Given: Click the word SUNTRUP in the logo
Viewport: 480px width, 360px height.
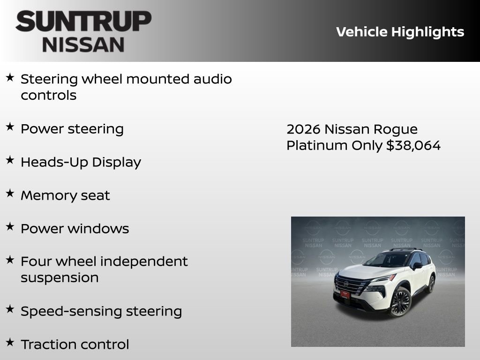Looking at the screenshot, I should coord(83,22).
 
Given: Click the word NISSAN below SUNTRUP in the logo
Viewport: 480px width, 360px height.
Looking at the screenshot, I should coord(83,45).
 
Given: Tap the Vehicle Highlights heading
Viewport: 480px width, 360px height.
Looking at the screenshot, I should coord(400,32).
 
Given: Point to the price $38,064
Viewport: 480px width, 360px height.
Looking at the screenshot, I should coord(413,145).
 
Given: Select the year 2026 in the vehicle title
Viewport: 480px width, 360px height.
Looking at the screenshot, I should coord(303,129).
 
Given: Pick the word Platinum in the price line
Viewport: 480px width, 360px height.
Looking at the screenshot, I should coord(317,145).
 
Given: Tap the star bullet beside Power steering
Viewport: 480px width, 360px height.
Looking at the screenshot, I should coord(10,127).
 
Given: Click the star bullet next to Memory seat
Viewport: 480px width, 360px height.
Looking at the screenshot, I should coord(10,193).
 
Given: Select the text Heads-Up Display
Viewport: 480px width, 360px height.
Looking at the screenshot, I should coord(81,162).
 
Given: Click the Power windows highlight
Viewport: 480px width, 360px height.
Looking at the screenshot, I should coord(75,229).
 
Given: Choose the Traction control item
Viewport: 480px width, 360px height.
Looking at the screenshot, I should coord(75,345).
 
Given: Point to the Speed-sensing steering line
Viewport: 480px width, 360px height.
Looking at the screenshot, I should coord(101,311).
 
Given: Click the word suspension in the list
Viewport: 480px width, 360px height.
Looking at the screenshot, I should coord(60,277).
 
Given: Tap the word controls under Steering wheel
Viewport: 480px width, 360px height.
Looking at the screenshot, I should coord(48,95).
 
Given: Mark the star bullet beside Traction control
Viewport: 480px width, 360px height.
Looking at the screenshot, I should coord(10,342).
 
